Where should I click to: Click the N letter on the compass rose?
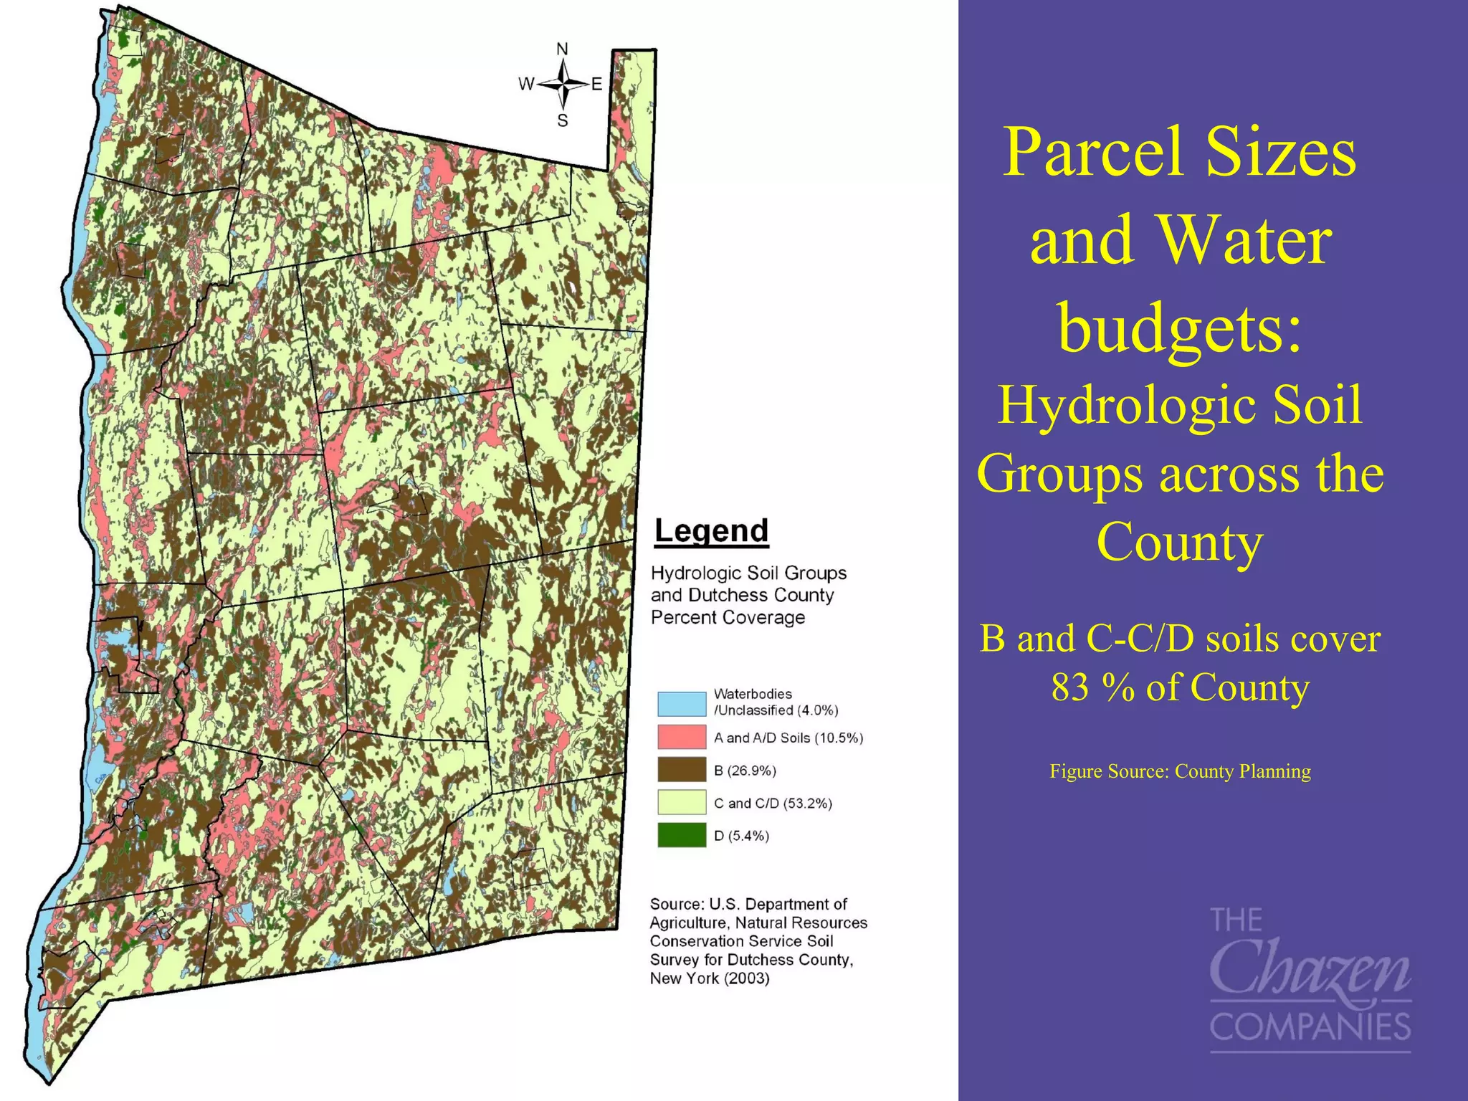coord(562,49)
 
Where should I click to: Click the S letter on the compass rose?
coord(563,120)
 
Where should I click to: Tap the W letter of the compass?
coord(525,85)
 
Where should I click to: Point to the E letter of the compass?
coord(596,85)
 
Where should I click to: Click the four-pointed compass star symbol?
coord(563,85)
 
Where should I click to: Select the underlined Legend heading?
coord(711,531)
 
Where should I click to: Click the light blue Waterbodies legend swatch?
coord(681,703)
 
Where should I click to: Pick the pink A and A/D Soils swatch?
coord(681,737)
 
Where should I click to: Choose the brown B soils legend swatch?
coord(681,770)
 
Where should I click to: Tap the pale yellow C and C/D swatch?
coord(681,803)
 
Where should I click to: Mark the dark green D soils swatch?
coord(681,835)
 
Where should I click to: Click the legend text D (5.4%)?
coord(741,836)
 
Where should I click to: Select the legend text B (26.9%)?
coord(745,771)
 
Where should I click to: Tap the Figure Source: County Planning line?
coord(1180,771)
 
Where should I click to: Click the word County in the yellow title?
coord(1179,541)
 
